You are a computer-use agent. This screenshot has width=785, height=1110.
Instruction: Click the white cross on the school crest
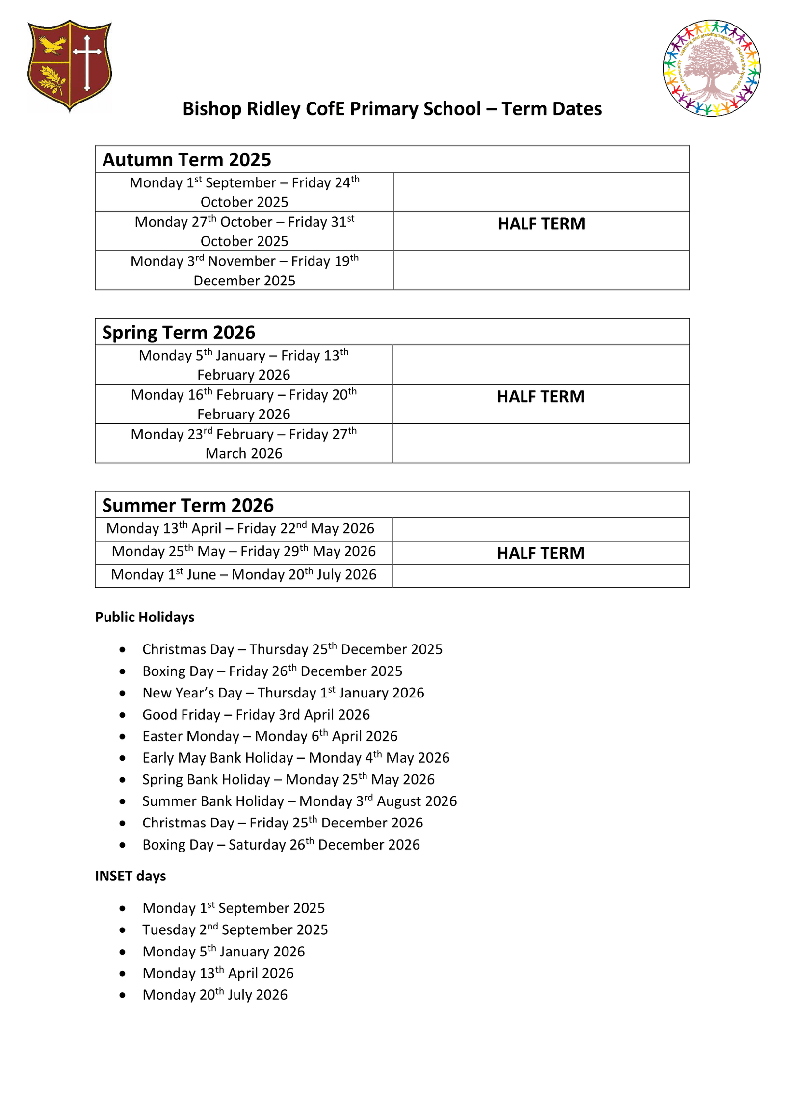pyautogui.click(x=87, y=61)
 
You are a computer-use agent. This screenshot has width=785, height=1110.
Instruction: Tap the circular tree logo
pyautogui.click(x=711, y=68)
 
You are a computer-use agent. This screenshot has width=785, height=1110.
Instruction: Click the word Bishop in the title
pyautogui.click(x=211, y=109)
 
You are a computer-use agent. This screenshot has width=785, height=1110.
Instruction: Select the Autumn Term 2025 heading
pyautogui.click(x=186, y=160)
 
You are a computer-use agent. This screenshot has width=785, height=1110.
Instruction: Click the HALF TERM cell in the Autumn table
pyautogui.click(x=541, y=224)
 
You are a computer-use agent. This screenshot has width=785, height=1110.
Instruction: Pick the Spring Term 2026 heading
pyautogui.click(x=179, y=333)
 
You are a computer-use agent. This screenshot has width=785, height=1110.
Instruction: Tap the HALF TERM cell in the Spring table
pyautogui.click(x=541, y=396)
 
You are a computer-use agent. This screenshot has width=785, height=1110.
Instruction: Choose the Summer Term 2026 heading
pyautogui.click(x=188, y=505)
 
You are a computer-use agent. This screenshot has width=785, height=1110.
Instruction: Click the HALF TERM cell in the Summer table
pyautogui.click(x=541, y=553)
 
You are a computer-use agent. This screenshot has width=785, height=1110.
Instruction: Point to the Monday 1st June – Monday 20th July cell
pyautogui.click(x=243, y=575)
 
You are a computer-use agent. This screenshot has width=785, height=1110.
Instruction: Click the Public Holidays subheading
pyautogui.click(x=145, y=617)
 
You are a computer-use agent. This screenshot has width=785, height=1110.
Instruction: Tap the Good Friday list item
pyautogui.click(x=256, y=715)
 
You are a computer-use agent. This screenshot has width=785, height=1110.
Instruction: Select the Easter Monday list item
pyautogui.click(x=270, y=736)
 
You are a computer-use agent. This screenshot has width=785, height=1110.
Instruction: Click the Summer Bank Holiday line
pyautogui.click(x=299, y=801)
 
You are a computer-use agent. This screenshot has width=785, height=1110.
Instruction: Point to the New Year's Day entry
pyautogui.click(x=283, y=693)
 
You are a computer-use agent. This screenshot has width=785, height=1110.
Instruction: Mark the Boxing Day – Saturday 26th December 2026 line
pyautogui.click(x=281, y=845)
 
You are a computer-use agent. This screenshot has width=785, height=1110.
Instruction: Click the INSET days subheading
pyautogui.click(x=131, y=876)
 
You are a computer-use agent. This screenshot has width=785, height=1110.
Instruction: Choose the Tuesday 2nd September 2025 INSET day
pyautogui.click(x=235, y=930)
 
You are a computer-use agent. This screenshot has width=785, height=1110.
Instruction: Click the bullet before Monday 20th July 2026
pyautogui.click(x=122, y=995)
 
